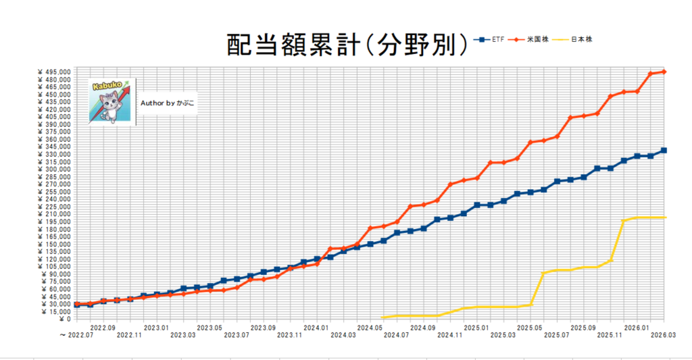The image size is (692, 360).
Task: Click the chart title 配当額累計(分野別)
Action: click(346, 45)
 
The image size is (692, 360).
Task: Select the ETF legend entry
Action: click(494, 39)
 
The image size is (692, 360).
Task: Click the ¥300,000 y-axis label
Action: click(56, 169)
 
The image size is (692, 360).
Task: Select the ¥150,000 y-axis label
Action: click(56, 244)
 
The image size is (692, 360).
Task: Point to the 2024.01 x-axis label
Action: click(316, 327)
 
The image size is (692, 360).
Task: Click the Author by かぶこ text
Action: click(168, 103)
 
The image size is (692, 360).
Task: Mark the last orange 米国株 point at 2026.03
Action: click(664, 72)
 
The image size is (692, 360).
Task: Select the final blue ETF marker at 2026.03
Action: click(664, 150)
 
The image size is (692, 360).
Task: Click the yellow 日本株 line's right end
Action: click(665, 217)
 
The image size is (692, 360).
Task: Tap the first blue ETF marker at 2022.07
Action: click(77, 305)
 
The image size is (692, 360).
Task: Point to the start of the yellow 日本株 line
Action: click(383, 317)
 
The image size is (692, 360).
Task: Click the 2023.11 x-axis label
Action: click(289, 334)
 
